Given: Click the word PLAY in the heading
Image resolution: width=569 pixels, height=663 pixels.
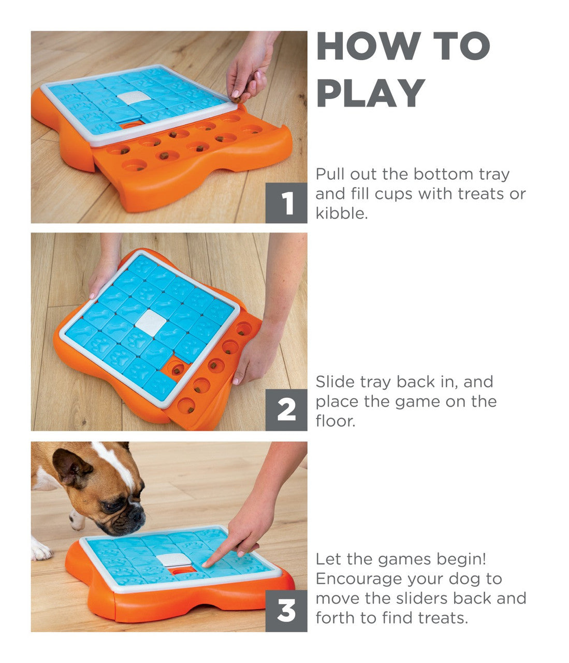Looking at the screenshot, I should tap(370, 93).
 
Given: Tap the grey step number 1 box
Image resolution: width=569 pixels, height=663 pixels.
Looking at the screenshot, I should tap(286, 203).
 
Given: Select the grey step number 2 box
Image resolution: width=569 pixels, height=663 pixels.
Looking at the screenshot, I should tap(286, 410).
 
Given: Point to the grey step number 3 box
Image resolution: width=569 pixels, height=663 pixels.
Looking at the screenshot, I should tap(286, 611).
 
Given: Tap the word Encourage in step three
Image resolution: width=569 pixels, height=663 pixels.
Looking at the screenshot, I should tap(359, 579).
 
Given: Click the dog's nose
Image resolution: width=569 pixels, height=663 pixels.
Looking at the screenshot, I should tap(137, 515).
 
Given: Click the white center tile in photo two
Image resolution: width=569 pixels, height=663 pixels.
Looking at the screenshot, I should tap(151, 323).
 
